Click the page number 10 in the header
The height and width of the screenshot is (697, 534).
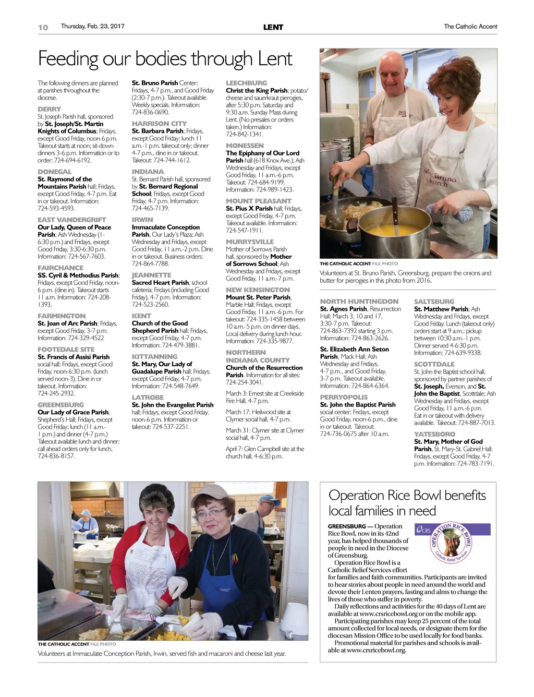point(43,27)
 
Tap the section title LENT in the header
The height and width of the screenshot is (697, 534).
point(273,27)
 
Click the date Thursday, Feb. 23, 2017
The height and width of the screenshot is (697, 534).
point(92,26)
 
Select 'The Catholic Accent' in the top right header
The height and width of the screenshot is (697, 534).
point(470,27)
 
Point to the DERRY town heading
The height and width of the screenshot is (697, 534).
point(49,109)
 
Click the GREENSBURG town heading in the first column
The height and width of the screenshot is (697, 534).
point(60,405)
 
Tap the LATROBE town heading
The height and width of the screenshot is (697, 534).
point(148,398)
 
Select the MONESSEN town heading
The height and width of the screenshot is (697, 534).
point(245,146)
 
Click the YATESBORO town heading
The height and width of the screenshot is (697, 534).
point(434,434)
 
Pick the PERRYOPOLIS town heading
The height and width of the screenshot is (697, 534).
point(344,397)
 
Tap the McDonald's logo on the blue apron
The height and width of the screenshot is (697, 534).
point(234,558)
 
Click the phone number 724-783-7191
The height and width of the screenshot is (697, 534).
point(475,463)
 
